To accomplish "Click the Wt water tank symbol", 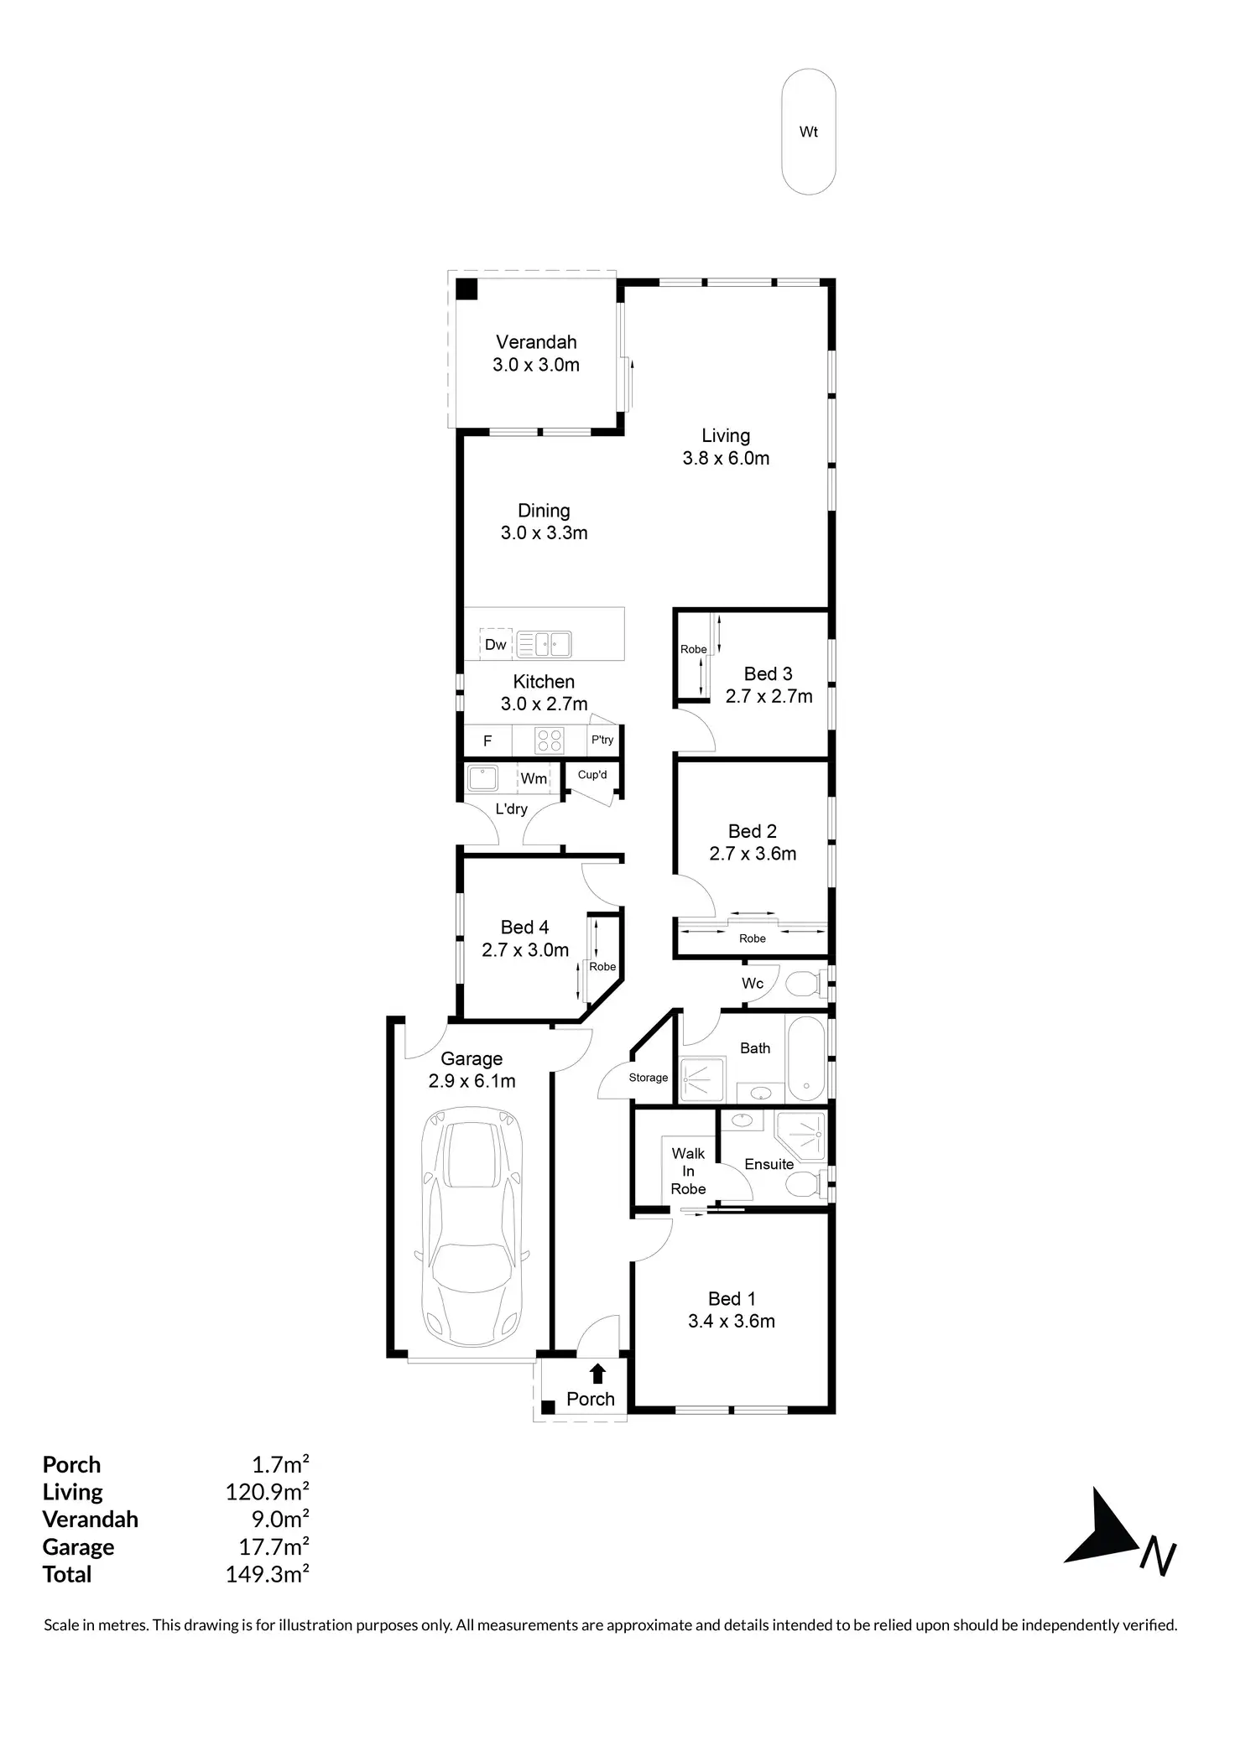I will [x=808, y=133].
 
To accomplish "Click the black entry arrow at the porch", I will [x=597, y=1373].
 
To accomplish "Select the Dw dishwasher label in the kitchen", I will [x=496, y=644].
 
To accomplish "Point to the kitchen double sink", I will [x=544, y=644].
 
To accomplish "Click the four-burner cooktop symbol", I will [x=550, y=740].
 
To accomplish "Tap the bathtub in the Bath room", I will [x=805, y=1058].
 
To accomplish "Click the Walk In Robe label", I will [x=688, y=1171].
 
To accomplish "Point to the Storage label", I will [x=649, y=1078].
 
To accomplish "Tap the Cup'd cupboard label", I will [x=592, y=775].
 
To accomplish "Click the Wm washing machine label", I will [x=534, y=778].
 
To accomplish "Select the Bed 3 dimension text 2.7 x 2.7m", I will [x=769, y=696].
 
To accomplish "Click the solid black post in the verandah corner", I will [x=466, y=289].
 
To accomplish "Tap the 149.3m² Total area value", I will [x=267, y=1574].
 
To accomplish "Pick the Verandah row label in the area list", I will [x=90, y=1519].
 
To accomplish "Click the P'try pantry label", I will [x=602, y=740].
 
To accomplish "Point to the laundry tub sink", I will [x=482, y=777].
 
